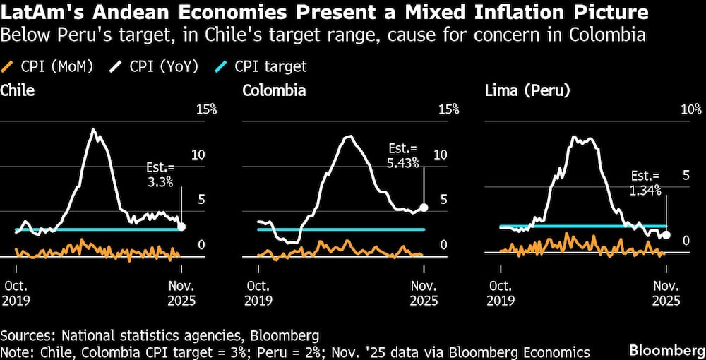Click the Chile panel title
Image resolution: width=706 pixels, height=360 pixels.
click(x=18, y=90)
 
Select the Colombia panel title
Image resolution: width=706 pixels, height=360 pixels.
click(x=274, y=90)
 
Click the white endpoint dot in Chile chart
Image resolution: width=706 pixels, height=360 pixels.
click(x=181, y=227)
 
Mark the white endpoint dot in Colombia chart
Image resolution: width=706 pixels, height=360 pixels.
click(x=424, y=208)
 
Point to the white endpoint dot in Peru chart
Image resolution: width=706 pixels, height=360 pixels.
click(x=666, y=235)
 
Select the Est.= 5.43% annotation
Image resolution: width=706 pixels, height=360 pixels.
click(x=404, y=156)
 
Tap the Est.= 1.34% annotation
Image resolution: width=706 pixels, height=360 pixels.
click(x=645, y=183)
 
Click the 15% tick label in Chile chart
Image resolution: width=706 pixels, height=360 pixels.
click(x=205, y=109)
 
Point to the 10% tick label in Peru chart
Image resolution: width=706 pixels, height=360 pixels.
click(x=690, y=109)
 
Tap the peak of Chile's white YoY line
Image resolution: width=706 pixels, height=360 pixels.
click(x=93, y=130)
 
